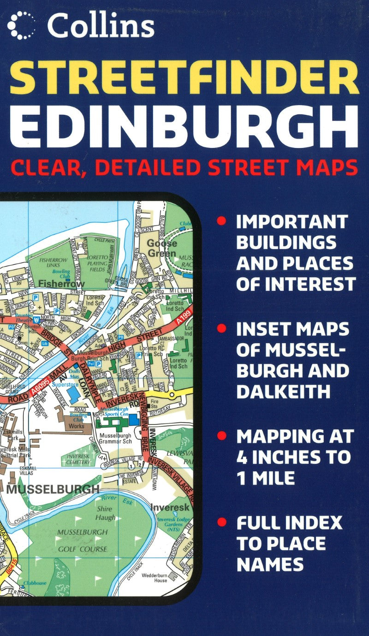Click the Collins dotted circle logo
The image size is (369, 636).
(x=21, y=26)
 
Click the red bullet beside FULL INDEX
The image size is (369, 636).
(x=222, y=523)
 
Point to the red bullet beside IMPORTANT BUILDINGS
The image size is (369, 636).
(x=222, y=221)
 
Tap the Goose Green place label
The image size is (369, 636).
(x=161, y=248)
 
